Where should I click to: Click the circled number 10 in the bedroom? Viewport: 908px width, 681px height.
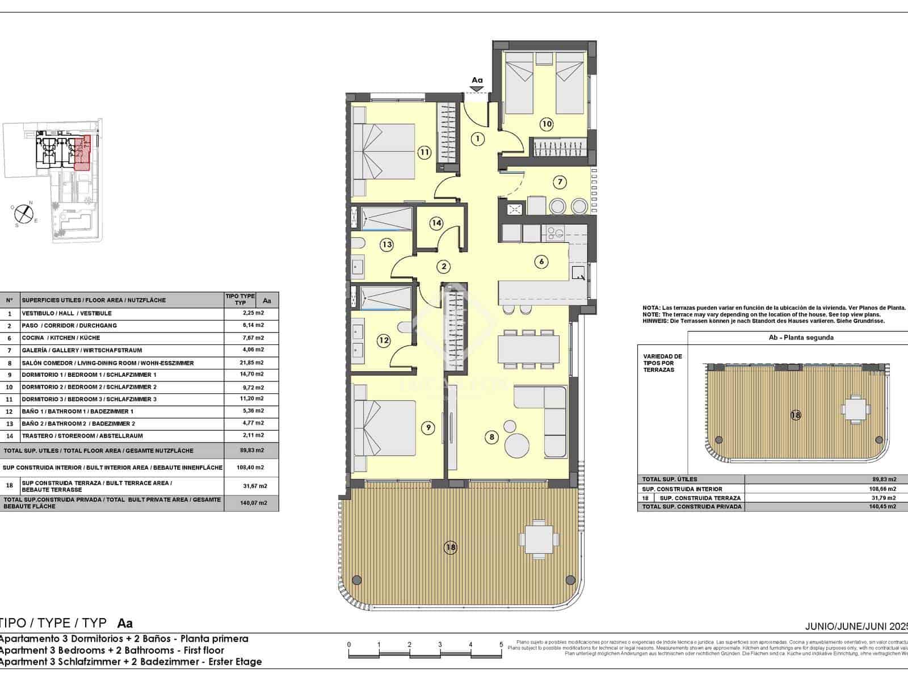coord(546,124)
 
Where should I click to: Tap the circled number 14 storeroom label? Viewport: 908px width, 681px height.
coord(436,223)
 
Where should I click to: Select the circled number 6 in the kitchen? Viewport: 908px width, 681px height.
coord(542,262)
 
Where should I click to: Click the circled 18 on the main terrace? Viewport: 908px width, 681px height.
coord(451,548)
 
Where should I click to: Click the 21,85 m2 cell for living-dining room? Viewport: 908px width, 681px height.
coord(251,363)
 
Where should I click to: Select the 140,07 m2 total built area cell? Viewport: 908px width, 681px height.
coord(251,503)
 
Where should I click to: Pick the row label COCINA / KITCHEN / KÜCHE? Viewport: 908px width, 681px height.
coord(61,338)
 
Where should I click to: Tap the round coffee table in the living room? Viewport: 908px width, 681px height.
coord(517,444)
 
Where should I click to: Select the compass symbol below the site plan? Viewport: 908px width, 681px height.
coord(23,213)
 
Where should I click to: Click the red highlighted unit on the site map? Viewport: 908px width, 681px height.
coord(82,153)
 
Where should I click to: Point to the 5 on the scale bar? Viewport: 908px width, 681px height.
coord(501,645)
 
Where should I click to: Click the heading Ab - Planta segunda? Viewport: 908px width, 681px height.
coord(800,338)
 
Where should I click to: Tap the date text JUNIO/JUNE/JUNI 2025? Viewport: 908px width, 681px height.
coord(856,627)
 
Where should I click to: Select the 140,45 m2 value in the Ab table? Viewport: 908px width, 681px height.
coord(884,507)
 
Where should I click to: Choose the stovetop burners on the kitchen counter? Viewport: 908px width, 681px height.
coord(552,232)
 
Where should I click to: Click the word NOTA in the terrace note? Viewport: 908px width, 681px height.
coord(650,308)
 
